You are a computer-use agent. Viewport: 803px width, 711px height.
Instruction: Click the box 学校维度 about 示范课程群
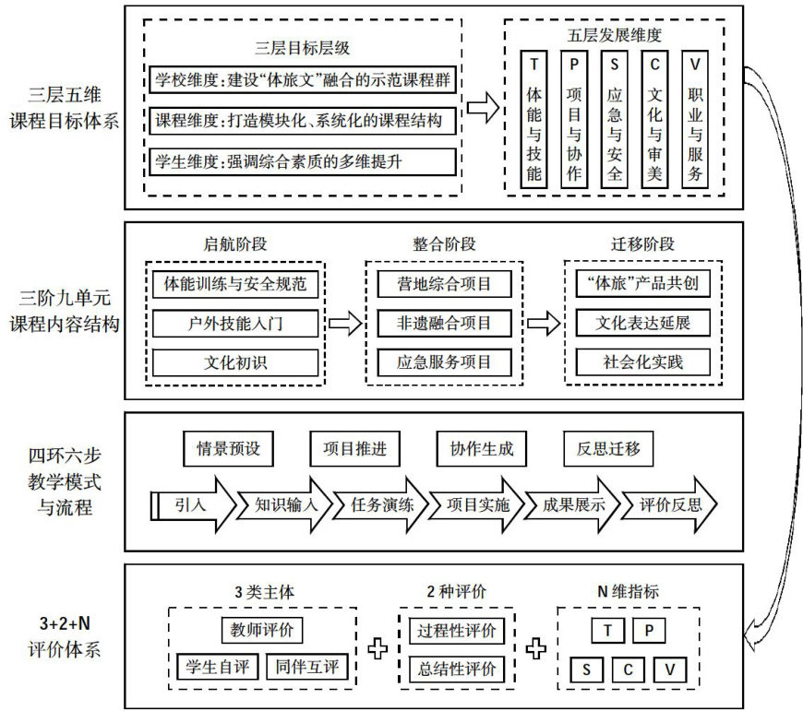(x=303, y=78)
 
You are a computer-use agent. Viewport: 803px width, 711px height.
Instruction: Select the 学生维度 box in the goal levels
(x=303, y=161)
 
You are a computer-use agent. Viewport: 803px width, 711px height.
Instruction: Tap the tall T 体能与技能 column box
(x=533, y=120)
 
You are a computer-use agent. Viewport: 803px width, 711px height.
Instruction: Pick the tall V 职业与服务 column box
(x=695, y=120)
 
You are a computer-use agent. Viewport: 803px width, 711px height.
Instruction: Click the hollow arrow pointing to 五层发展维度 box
(x=481, y=109)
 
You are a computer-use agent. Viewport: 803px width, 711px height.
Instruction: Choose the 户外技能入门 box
(x=235, y=324)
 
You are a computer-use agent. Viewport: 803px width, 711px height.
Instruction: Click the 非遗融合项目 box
(x=444, y=324)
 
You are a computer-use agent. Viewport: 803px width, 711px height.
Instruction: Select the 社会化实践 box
(x=643, y=361)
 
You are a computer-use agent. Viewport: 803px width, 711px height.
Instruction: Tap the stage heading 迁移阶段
(x=643, y=244)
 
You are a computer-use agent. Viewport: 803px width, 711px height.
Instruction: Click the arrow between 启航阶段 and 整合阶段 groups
(x=344, y=324)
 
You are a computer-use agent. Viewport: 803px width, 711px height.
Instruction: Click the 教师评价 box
(x=262, y=632)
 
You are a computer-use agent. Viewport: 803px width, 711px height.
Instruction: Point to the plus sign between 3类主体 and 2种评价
(x=377, y=649)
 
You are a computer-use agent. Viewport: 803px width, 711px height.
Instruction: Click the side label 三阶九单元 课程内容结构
(x=63, y=311)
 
